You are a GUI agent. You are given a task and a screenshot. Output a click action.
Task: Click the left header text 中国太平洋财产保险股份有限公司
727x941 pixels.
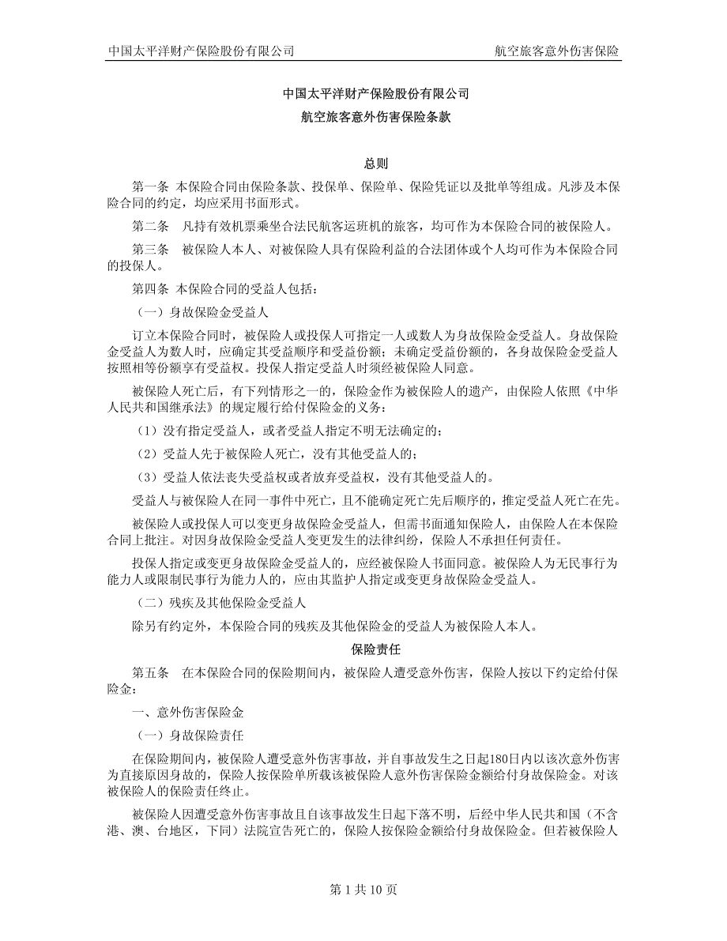click(x=201, y=51)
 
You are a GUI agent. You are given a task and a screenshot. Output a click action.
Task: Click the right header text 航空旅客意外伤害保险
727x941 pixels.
click(x=557, y=51)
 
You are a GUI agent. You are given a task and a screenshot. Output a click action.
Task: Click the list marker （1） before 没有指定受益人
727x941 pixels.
click(x=146, y=430)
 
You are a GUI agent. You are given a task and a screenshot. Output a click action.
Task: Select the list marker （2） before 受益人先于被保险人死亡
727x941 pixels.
click(x=146, y=454)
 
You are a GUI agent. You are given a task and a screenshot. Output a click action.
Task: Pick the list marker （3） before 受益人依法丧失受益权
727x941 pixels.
click(x=146, y=476)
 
